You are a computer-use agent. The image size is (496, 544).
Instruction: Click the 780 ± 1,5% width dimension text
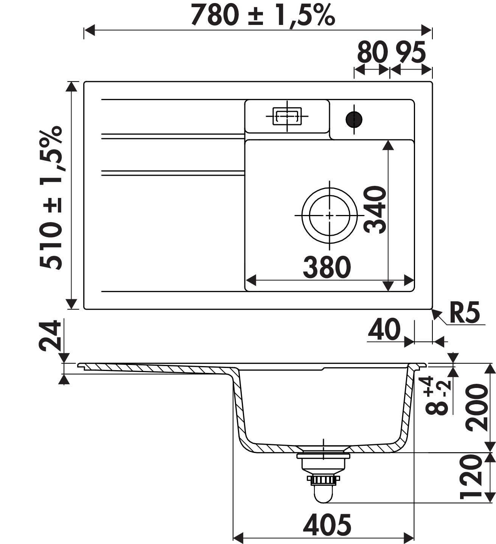(x=263, y=15)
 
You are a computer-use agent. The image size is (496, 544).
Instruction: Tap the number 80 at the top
(x=372, y=53)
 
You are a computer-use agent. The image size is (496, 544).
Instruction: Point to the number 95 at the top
(x=411, y=53)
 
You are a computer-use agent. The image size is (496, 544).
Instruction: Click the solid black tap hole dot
(x=354, y=119)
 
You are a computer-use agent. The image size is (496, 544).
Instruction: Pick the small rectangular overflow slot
(x=287, y=116)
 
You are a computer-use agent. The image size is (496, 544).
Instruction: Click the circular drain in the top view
(x=330, y=216)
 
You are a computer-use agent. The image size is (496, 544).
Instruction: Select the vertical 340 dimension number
(x=375, y=210)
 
